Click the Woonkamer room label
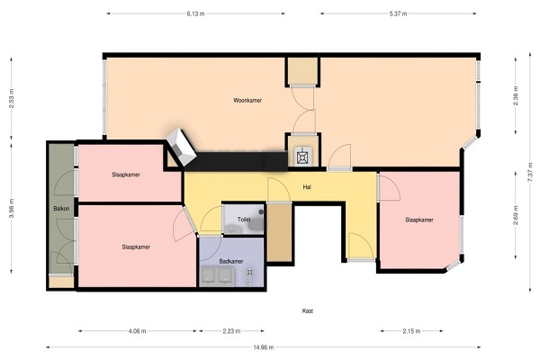click(247, 100)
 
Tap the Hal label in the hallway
click(307, 187)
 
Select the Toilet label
click(244, 219)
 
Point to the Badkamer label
click(231, 261)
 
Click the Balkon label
click(61, 209)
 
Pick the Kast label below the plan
click(308, 310)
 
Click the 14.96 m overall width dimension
click(264, 347)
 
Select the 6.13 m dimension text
click(195, 13)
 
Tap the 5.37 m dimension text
click(398, 13)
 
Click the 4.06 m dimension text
click(137, 331)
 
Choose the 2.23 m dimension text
click(231, 331)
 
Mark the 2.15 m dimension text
click(411, 331)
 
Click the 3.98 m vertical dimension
click(12, 209)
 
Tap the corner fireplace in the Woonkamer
click(181, 147)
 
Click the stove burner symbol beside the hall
click(302, 156)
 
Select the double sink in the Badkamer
click(217, 276)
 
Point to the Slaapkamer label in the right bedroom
click(419, 220)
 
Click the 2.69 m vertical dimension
click(516, 215)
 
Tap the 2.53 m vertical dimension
click(12, 98)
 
